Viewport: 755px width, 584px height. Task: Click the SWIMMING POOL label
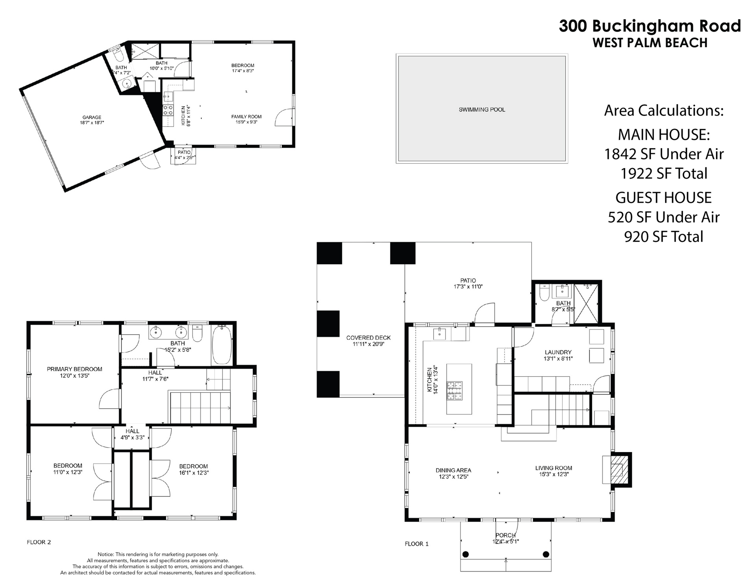482,110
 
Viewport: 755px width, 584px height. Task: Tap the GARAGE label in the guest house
92,117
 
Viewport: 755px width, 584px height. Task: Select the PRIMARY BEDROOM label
74,369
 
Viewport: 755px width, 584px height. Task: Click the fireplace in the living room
616,469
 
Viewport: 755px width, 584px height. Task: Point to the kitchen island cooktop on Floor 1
454,391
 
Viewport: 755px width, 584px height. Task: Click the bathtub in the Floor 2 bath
222,344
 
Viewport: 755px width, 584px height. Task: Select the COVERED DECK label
368,338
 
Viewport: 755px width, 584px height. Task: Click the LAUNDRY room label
558,352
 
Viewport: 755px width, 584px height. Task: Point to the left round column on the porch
466,555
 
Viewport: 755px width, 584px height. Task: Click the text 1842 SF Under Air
664,154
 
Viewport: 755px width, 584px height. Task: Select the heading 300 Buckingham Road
650,26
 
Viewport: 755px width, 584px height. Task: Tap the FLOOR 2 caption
39,542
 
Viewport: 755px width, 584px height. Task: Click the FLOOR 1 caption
417,544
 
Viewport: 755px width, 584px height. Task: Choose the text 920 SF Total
664,237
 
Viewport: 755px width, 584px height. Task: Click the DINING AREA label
453,470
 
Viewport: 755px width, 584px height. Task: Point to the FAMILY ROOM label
246,117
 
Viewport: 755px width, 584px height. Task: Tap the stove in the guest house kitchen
168,110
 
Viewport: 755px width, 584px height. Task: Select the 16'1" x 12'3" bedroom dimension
193,473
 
